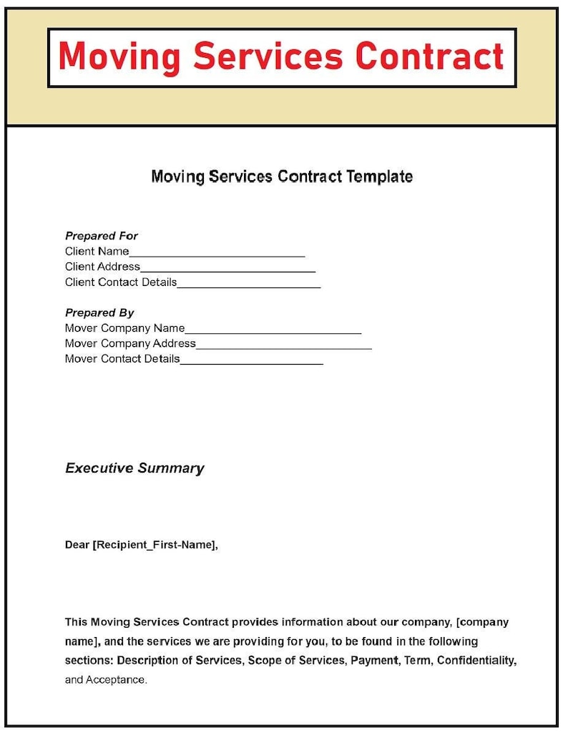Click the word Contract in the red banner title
click(x=429, y=57)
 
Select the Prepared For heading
click(x=102, y=236)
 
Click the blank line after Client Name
click(x=217, y=253)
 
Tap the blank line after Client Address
click(x=227, y=269)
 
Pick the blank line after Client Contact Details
click(x=248, y=285)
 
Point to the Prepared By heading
click(x=99, y=313)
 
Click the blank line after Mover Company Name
click(x=273, y=330)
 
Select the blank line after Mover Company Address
click(x=283, y=346)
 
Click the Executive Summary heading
click(x=134, y=468)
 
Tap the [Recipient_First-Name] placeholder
click(x=155, y=545)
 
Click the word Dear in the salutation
click(x=77, y=545)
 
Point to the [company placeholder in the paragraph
click(x=482, y=622)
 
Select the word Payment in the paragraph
click(x=373, y=661)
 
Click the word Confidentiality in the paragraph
click(x=476, y=661)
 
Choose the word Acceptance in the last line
click(x=116, y=680)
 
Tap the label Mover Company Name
click(x=124, y=328)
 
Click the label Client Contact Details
click(x=120, y=282)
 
